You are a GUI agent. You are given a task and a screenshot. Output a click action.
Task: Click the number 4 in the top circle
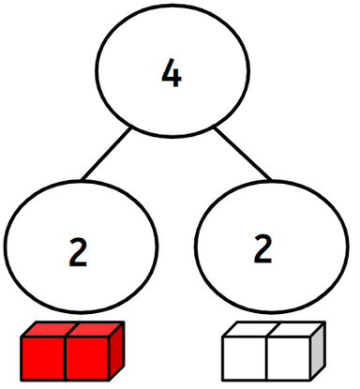171,74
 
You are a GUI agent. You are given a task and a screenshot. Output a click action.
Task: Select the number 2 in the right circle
262,248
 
